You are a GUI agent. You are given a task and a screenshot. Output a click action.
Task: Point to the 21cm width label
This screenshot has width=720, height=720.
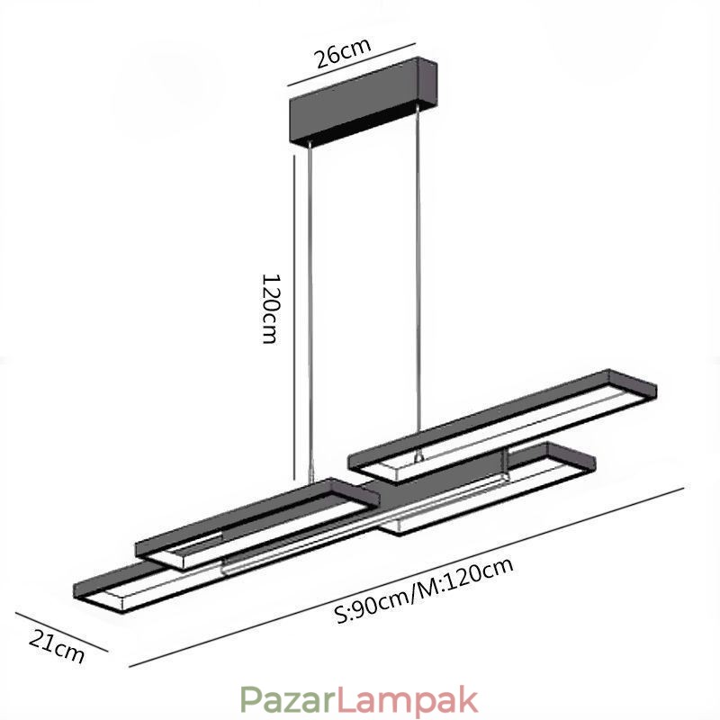57,646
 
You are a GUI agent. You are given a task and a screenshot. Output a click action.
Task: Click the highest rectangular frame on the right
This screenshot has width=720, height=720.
504,418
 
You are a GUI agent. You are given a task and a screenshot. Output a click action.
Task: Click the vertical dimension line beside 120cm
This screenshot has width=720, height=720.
295,315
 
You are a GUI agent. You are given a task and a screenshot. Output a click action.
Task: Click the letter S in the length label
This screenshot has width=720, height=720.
341,616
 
